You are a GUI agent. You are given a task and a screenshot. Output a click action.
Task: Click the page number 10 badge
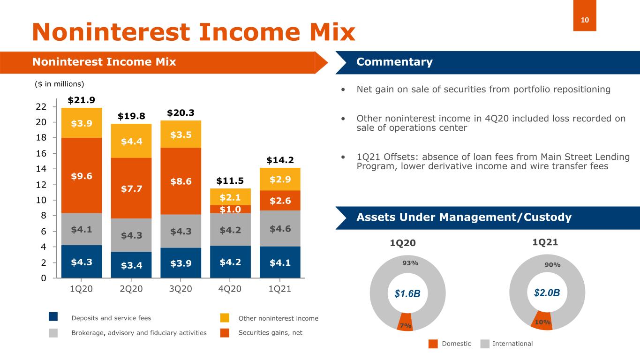tap(585, 20)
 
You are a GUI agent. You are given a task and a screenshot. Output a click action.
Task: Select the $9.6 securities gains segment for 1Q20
tap(81, 176)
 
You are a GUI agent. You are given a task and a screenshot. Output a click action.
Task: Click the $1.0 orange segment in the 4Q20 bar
tap(230, 209)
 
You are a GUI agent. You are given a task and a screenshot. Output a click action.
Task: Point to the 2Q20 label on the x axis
tap(131, 289)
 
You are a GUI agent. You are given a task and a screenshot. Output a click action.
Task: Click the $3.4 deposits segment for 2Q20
tap(131, 265)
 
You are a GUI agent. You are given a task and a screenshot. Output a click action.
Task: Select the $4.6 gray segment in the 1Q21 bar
tap(280, 228)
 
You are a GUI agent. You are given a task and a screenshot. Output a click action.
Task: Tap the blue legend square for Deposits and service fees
tap(53, 317)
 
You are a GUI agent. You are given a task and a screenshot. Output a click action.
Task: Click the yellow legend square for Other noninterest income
tap(225, 318)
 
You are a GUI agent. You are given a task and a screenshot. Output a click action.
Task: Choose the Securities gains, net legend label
tap(271, 333)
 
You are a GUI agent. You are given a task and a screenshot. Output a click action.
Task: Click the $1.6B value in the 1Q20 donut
tap(407, 294)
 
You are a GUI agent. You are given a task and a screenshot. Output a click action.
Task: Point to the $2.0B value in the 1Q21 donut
tap(547, 293)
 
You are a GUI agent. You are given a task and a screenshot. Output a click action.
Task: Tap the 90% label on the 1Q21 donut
tap(552, 265)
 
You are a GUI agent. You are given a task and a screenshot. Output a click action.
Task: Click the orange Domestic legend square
tap(433, 344)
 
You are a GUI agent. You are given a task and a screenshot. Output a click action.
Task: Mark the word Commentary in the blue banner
tap(394, 62)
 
